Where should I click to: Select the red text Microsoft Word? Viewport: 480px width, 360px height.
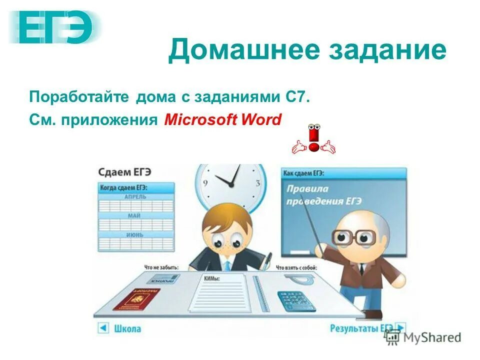pyautogui.click(x=223, y=120)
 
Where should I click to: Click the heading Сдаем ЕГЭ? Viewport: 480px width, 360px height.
pyautogui.click(x=124, y=172)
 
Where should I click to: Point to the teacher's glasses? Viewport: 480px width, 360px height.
pyautogui.click(x=354, y=236)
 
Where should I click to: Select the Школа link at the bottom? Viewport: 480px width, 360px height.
pyautogui.click(x=127, y=328)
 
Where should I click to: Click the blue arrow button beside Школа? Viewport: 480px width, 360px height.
pyautogui.click(x=103, y=328)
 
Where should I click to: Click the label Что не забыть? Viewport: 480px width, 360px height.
pyautogui.click(x=161, y=267)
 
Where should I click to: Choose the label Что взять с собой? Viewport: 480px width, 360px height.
pyautogui.click(x=296, y=267)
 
